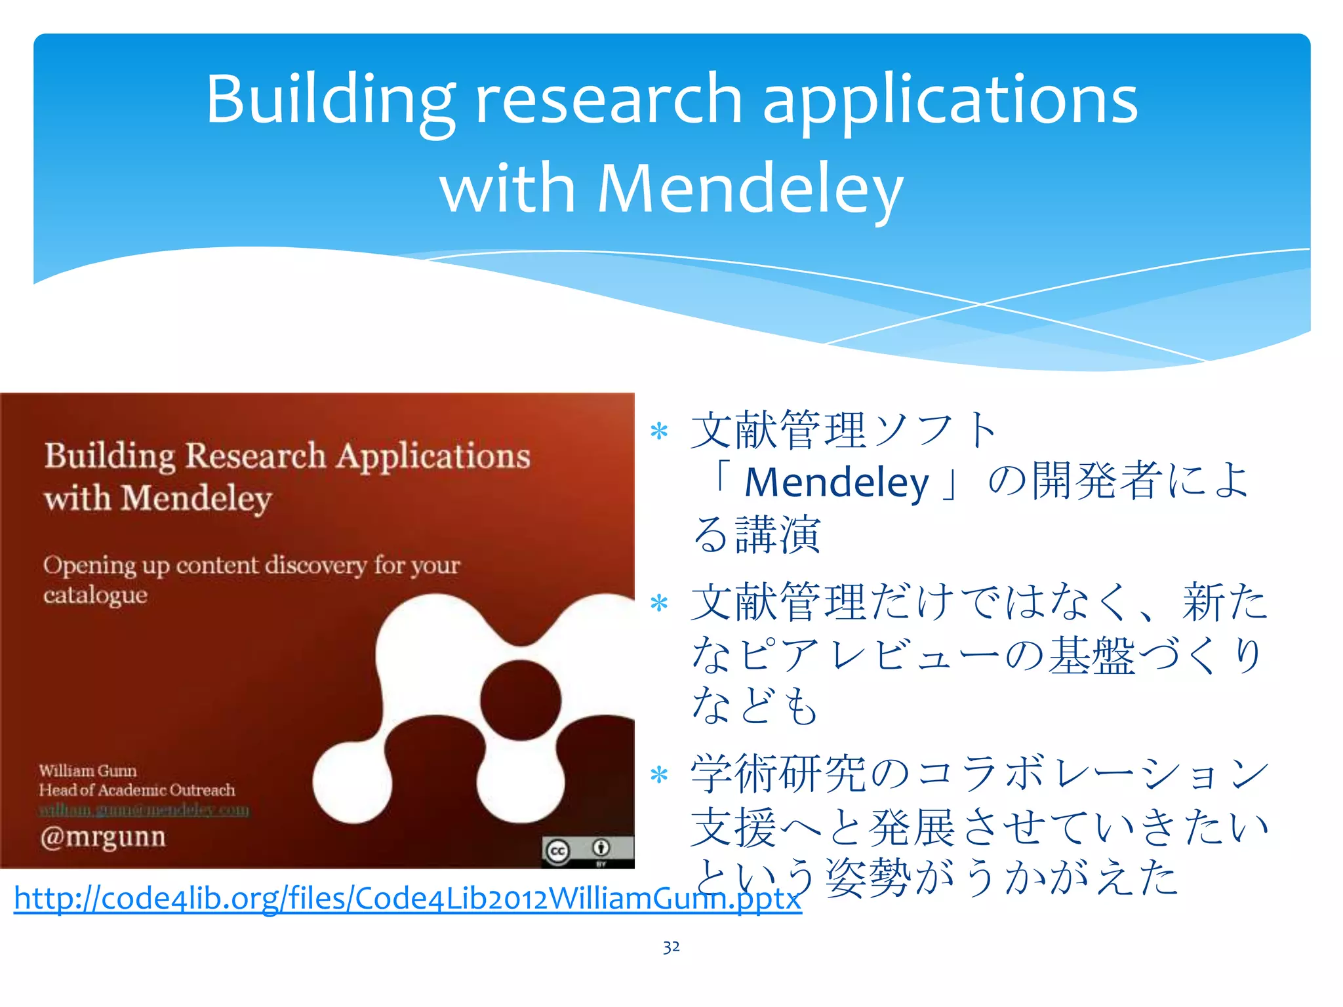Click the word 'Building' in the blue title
pyautogui.click(x=330, y=100)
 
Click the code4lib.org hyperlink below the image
pyautogui.click(x=407, y=898)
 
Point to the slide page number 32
pyautogui.click(x=671, y=947)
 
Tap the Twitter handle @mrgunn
pyautogui.click(x=103, y=837)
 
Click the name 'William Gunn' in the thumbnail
pyautogui.click(x=88, y=770)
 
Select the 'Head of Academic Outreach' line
pyautogui.click(x=136, y=790)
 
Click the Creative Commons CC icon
pyautogui.click(x=557, y=851)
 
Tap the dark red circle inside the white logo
pyautogui.click(x=521, y=700)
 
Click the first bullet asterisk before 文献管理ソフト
pyautogui.click(x=658, y=431)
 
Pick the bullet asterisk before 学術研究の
pyautogui.click(x=658, y=776)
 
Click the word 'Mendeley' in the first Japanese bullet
pyautogui.click(x=837, y=483)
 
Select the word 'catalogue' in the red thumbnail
pyautogui.click(x=96, y=595)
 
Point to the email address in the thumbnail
pyautogui.click(x=144, y=810)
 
